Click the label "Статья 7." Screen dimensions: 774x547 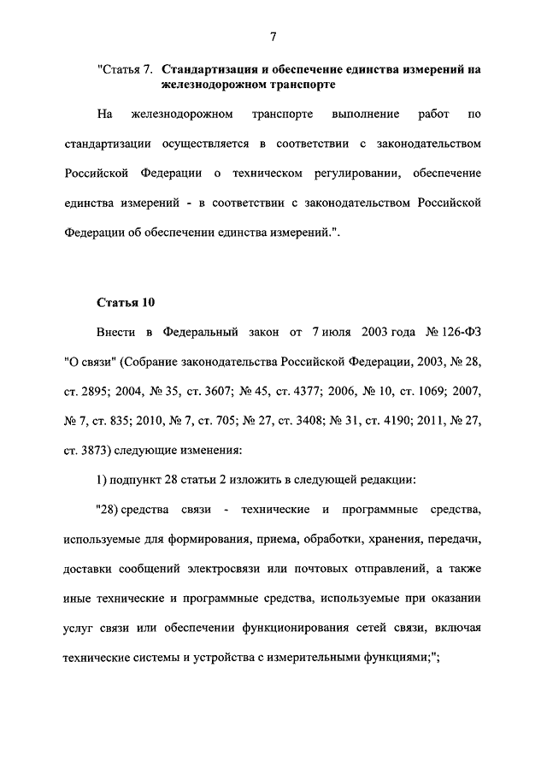[126, 69]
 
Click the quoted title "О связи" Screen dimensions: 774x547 [91, 360]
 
